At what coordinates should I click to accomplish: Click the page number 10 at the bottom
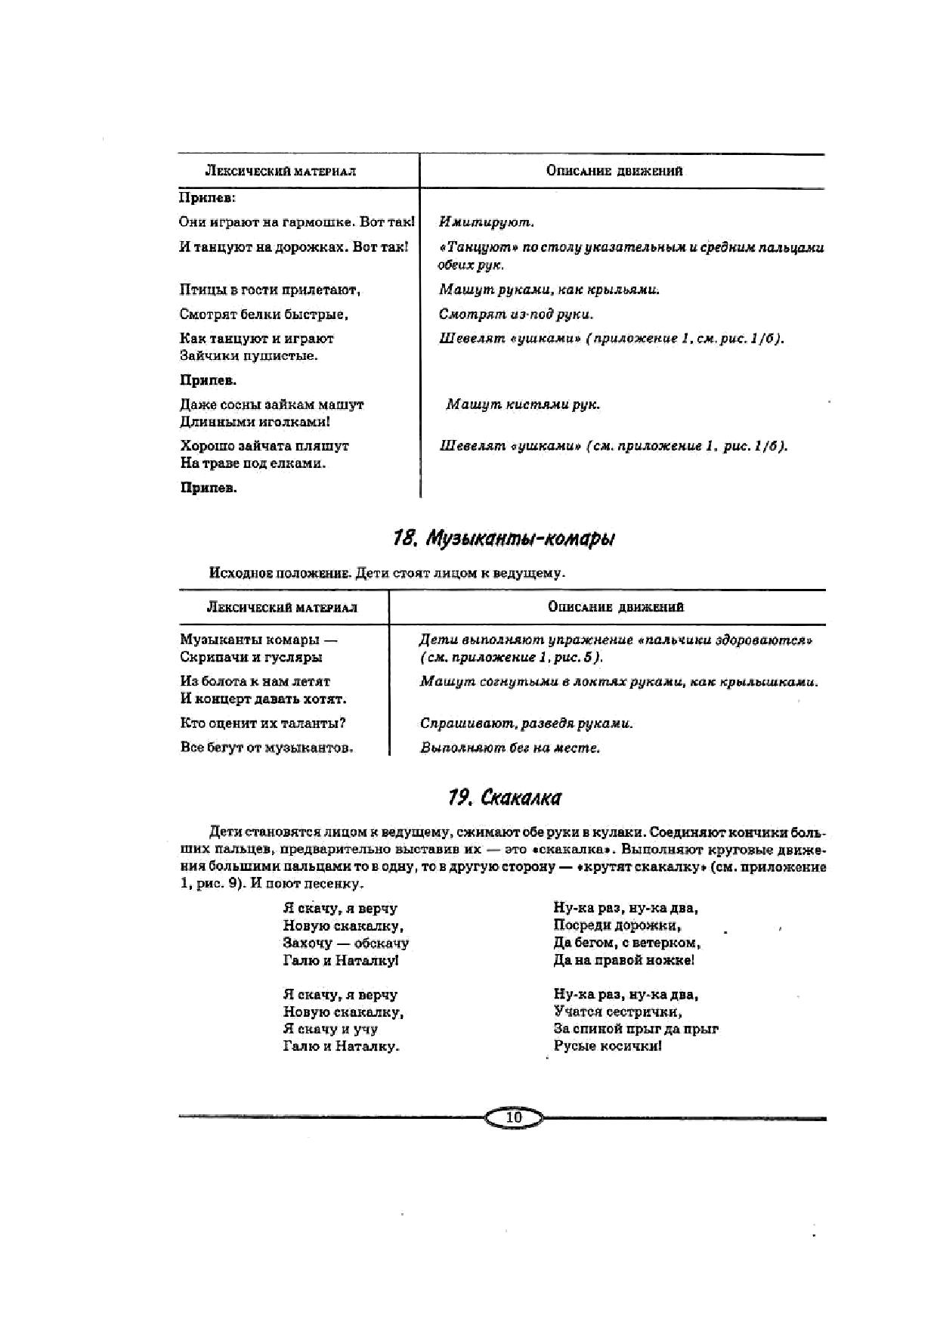514,1117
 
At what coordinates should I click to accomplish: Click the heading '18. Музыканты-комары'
503,538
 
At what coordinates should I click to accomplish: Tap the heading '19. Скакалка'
504,798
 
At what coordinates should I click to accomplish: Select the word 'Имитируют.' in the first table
487,222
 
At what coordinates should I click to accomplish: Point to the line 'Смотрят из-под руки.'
516,314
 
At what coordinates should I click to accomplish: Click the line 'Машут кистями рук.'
523,404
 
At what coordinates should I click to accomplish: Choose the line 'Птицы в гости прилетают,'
270,290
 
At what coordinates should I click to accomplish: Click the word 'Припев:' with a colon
208,197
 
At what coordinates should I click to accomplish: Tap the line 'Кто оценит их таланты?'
263,723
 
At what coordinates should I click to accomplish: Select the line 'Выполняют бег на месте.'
510,748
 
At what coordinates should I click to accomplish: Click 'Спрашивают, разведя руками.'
527,723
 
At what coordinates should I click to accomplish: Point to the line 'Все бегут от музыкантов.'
267,748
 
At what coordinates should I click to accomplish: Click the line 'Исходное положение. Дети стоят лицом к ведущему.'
387,572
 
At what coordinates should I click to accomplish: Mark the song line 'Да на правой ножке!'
623,960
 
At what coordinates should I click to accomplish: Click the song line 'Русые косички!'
608,1046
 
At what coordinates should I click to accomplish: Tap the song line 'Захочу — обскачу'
345,943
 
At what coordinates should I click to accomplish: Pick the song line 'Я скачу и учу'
330,1029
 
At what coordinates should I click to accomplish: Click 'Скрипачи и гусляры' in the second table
251,657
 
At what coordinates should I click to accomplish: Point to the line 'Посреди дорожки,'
617,925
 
